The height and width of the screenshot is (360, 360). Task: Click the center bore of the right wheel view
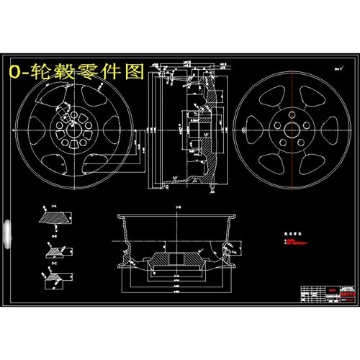[x=290, y=131]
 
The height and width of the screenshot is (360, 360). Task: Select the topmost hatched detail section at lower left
[x=55, y=215]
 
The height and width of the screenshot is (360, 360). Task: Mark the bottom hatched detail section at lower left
[x=57, y=283]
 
